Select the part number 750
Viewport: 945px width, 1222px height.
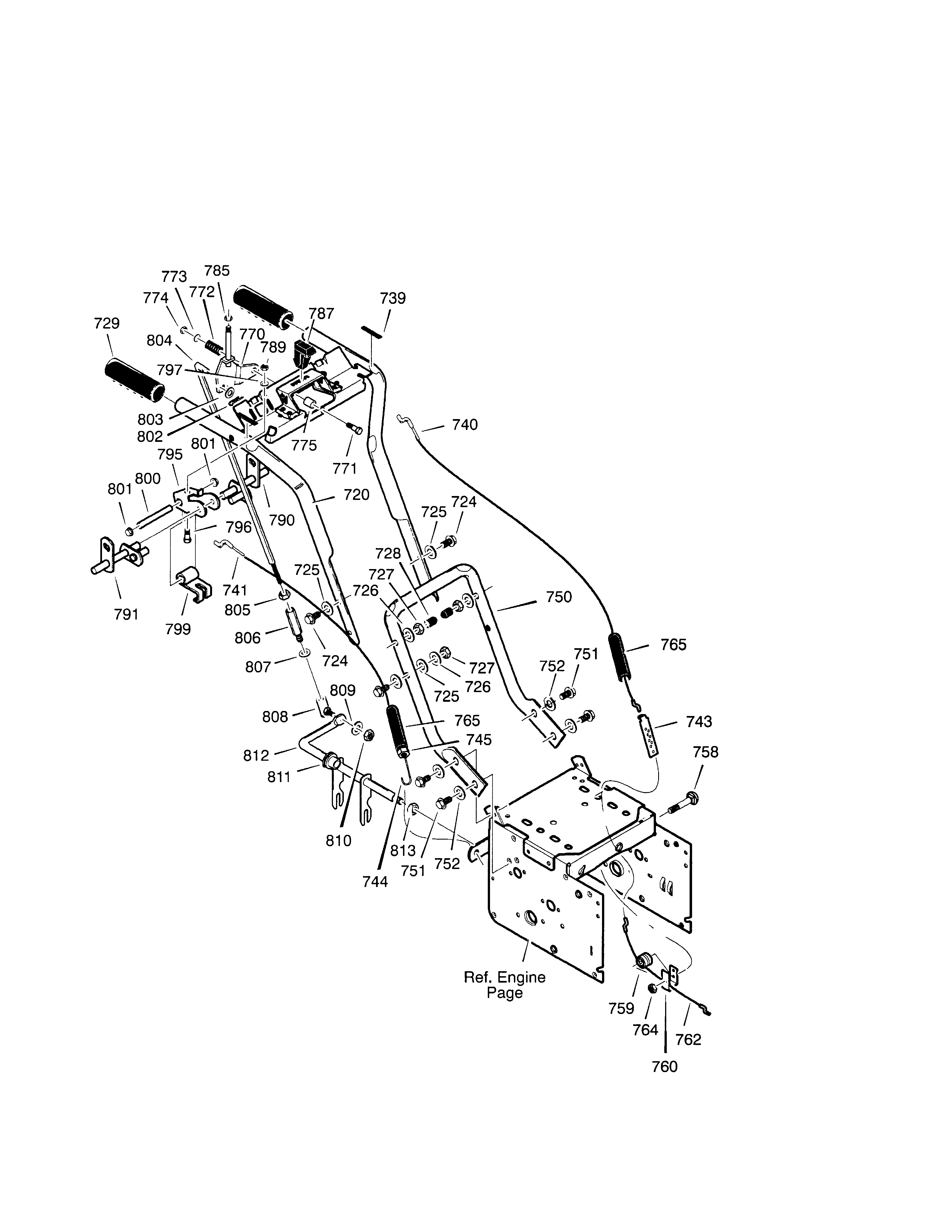559,597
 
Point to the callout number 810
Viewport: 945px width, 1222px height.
339,840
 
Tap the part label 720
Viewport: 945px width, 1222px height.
357,495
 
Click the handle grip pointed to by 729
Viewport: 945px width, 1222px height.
134,380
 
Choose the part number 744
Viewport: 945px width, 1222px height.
375,882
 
